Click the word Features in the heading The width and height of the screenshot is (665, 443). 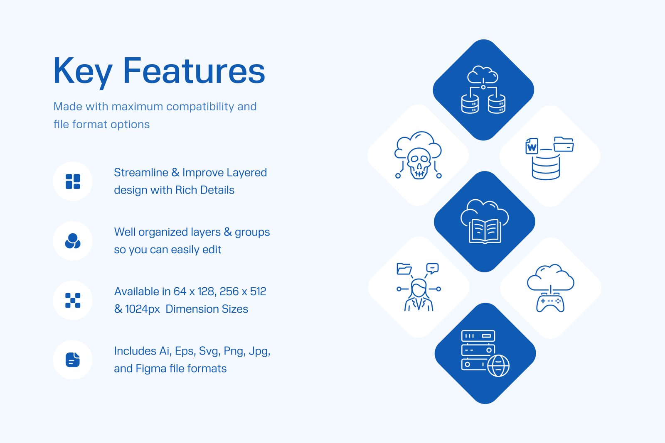[x=194, y=71]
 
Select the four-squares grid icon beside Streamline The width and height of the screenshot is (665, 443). [x=73, y=181]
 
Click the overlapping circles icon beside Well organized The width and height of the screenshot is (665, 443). [x=73, y=241]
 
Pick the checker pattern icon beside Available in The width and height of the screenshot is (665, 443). [x=73, y=300]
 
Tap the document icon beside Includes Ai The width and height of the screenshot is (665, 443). [x=73, y=360]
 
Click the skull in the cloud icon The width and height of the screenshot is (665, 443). [x=419, y=163]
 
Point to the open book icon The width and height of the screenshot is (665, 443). [x=485, y=231]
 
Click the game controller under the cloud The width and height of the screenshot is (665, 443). [x=550, y=303]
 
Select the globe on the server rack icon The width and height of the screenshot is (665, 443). [x=498, y=366]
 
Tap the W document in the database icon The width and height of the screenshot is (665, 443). [x=532, y=146]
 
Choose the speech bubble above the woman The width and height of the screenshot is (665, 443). [x=432, y=268]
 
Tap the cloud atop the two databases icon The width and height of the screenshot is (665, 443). [x=483, y=75]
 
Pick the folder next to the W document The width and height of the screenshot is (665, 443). [x=564, y=144]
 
